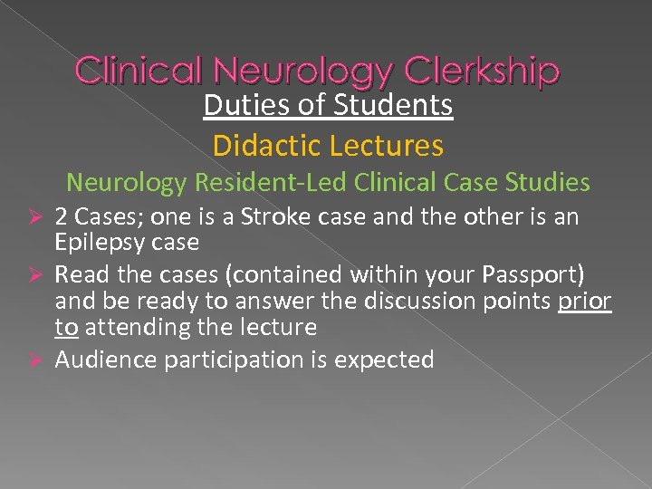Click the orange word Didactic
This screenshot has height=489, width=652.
[262, 145]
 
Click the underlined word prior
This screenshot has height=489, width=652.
[585, 301]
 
